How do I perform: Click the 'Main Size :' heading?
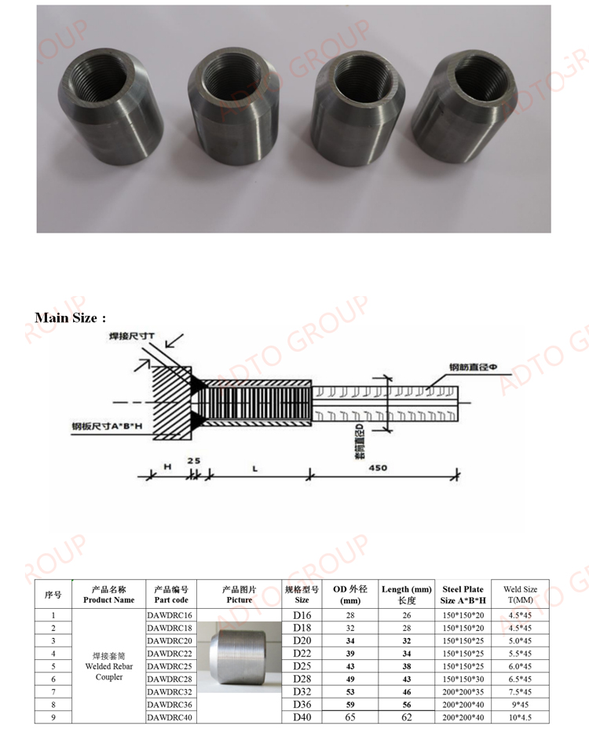click(70, 317)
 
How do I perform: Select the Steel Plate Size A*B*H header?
click(463, 594)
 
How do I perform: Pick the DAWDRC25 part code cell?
click(170, 665)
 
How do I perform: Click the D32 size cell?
click(302, 691)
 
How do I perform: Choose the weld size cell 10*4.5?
click(520, 717)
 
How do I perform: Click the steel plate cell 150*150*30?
click(463, 679)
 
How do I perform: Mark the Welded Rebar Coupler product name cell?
click(108, 665)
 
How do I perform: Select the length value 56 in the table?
click(406, 705)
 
